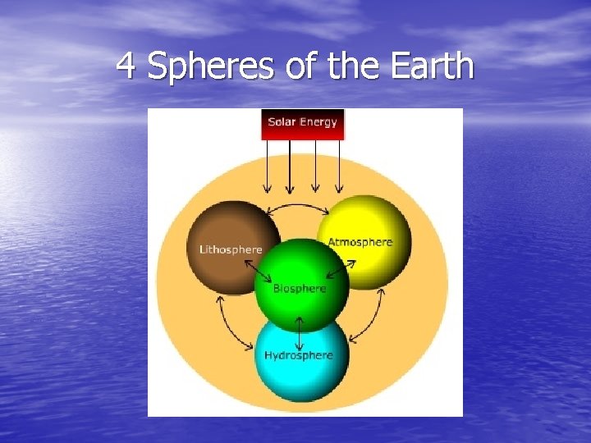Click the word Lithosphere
point(231,249)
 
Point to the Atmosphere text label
point(360,242)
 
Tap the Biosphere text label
point(300,289)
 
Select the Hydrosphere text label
point(299,355)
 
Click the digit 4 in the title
point(126,66)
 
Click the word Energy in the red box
point(318,122)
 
